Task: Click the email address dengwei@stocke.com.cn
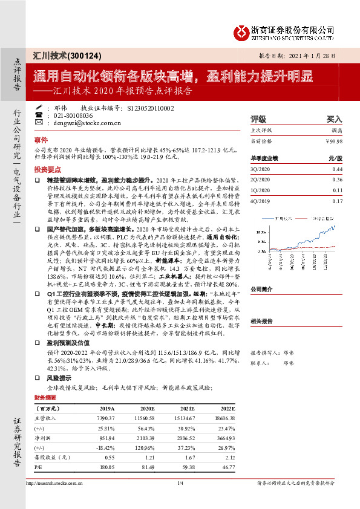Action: (x=87, y=122)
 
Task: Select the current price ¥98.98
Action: (x=333, y=141)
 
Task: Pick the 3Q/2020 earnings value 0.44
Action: (x=338, y=169)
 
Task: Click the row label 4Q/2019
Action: (x=262, y=201)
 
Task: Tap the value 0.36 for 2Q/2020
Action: (x=338, y=180)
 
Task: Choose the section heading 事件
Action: (x=41, y=139)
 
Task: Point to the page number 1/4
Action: (x=180, y=483)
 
